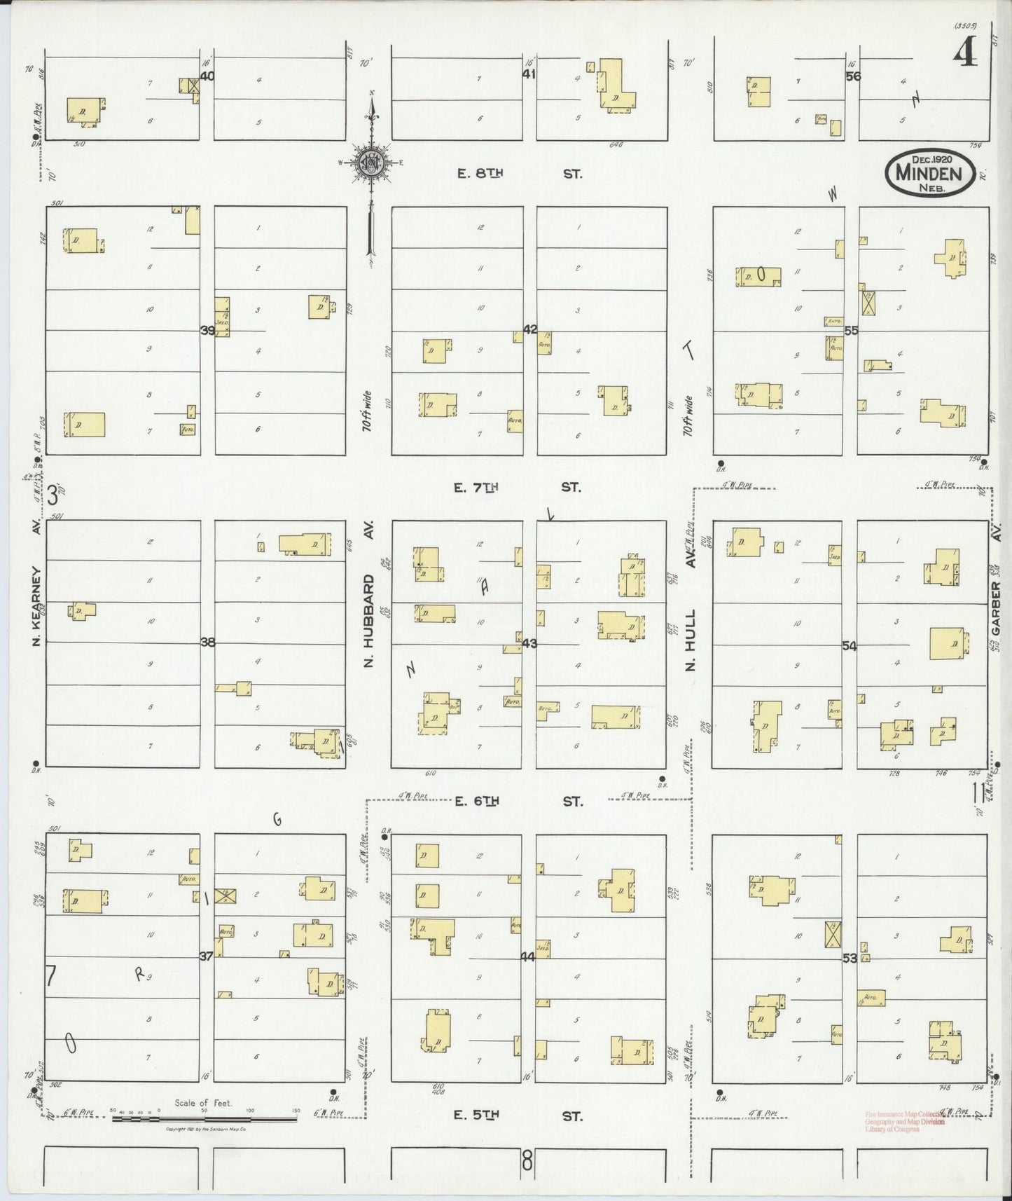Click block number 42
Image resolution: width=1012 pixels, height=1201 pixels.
click(x=530, y=329)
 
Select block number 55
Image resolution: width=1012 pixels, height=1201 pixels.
click(x=851, y=330)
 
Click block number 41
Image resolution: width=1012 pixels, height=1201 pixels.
click(x=529, y=74)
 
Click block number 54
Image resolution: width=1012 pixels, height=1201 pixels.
click(x=850, y=646)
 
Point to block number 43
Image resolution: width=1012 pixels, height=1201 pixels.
click(x=529, y=643)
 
